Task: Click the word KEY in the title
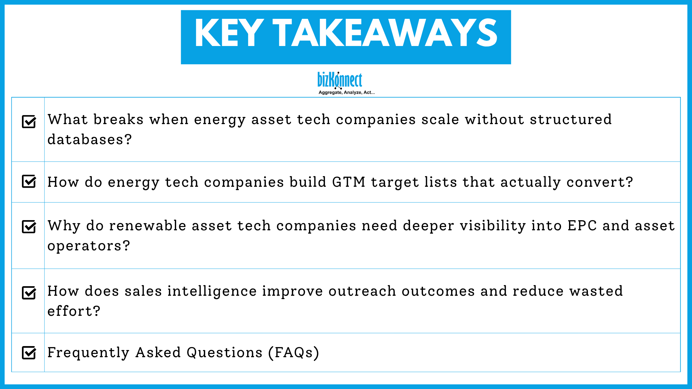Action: (x=229, y=33)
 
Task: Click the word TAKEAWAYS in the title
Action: (x=385, y=33)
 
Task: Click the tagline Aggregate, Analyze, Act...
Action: (x=346, y=92)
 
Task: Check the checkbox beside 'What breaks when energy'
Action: (x=29, y=121)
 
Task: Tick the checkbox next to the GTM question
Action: (x=29, y=181)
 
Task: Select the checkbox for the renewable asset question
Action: (x=29, y=227)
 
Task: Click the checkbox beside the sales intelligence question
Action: (x=29, y=293)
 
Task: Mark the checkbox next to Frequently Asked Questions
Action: (x=29, y=353)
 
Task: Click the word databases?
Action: (x=90, y=140)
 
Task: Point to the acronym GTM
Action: (x=349, y=182)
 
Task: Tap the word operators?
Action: (x=89, y=246)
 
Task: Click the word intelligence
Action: (x=212, y=291)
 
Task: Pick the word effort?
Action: (x=74, y=311)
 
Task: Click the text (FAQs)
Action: (x=293, y=353)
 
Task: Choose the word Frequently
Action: (x=88, y=353)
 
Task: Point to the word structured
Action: (x=571, y=119)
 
